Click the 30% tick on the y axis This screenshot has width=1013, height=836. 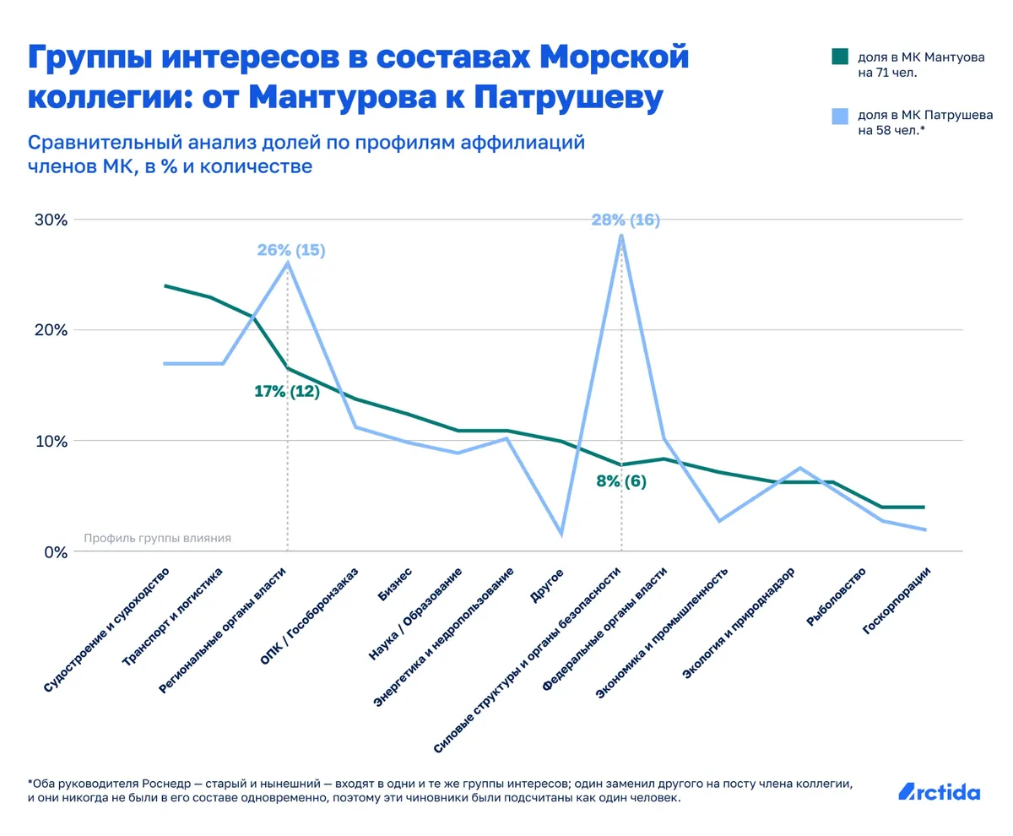coord(50,220)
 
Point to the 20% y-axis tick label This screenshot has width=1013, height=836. coord(50,330)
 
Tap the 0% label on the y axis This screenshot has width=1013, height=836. coord(54,552)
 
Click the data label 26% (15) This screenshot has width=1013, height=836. coord(290,250)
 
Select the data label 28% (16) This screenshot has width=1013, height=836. coord(625,220)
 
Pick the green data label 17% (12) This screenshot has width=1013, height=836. coord(287,392)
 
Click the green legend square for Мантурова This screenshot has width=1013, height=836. coord(838,57)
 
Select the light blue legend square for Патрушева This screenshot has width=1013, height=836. coord(838,116)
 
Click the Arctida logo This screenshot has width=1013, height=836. coord(939,792)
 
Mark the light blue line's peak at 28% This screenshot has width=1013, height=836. coord(621,236)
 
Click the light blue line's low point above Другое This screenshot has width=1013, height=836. coord(561,534)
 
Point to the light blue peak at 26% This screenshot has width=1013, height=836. coord(288,263)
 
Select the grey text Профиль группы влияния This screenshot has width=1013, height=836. coord(157,538)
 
